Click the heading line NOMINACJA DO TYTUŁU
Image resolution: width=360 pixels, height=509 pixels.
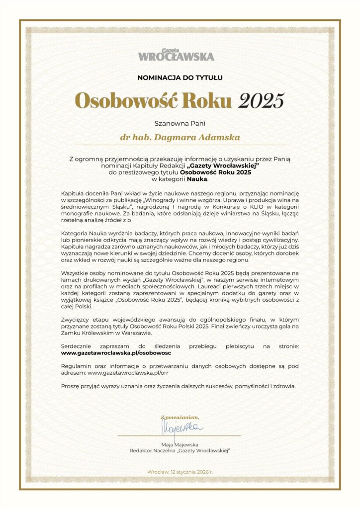pos(180,77)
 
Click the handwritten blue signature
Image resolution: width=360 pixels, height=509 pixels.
pos(180,427)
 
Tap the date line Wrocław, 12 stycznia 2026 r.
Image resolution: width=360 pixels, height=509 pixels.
pos(180,471)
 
